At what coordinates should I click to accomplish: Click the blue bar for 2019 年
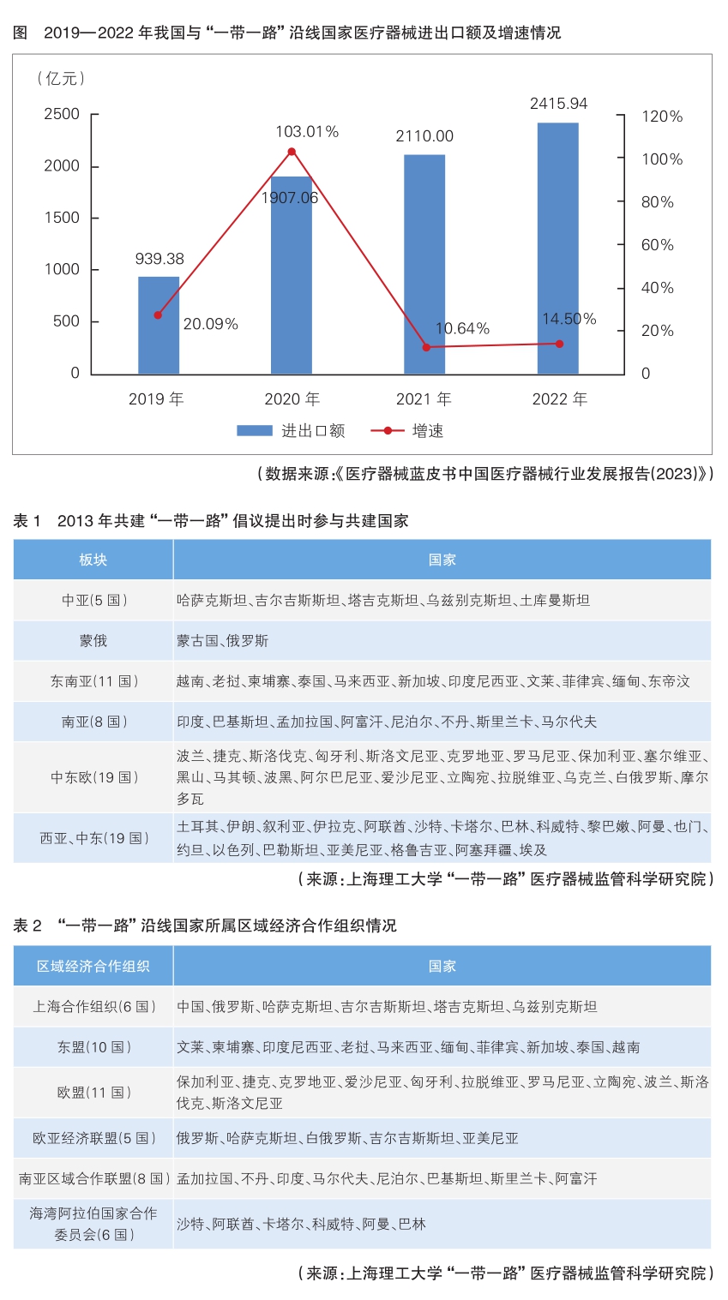(x=159, y=326)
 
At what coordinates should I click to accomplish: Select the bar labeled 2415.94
(x=557, y=249)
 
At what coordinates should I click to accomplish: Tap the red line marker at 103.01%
(x=292, y=152)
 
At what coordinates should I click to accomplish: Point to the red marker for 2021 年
(x=425, y=347)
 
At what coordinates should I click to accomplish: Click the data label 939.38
(x=159, y=259)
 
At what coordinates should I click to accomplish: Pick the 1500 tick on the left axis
(x=62, y=218)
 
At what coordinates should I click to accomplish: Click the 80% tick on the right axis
(x=658, y=202)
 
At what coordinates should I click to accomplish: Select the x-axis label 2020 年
(x=292, y=399)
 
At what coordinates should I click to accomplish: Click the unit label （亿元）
(x=61, y=79)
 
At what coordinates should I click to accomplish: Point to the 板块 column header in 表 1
(x=93, y=560)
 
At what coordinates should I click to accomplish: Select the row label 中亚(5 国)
(x=93, y=600)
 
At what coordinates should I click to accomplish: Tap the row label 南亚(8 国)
(x=93, y=722)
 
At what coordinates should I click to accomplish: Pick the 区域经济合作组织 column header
(x=93, y=966)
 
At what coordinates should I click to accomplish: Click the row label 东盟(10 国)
(x=93, y=1047)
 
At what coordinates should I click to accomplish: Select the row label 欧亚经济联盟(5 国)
(x=93, y=1138)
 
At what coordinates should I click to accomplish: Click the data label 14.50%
(x=569, y=319)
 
